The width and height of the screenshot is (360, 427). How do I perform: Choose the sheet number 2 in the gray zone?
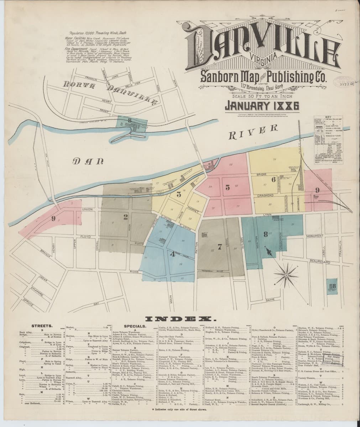point(126,217)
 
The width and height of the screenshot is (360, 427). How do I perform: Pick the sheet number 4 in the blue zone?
point(173,254)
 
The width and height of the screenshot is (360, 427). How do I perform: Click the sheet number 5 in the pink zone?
point(227,188)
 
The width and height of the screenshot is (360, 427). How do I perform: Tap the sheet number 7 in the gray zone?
point(220,246)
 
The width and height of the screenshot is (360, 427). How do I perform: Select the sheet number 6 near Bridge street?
point(273,180)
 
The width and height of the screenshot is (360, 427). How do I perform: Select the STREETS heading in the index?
point(43,326)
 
